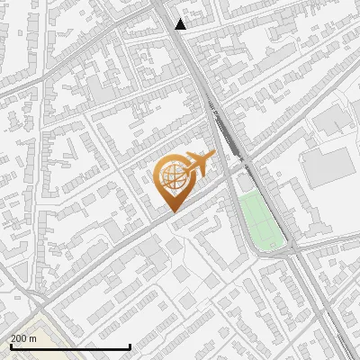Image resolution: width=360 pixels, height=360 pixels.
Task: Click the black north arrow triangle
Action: [x=181, y=24]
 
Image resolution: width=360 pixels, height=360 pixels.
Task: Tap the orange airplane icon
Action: [x=197, y=165]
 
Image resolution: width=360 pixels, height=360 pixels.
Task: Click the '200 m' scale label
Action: [x=23, y=338]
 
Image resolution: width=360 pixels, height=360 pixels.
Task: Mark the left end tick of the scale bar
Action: [x=10, y=346]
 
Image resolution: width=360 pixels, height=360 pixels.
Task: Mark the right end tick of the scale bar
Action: [x=130, y=346]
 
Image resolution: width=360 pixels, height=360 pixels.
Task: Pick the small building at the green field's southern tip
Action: [x=274, y=247]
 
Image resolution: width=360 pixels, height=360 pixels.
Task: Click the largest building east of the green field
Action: [x=329, y=166]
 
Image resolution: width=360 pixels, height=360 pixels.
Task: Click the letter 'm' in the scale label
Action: [x=32, y=338]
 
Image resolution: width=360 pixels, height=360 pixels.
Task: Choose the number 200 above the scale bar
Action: [x=19, y=338]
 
